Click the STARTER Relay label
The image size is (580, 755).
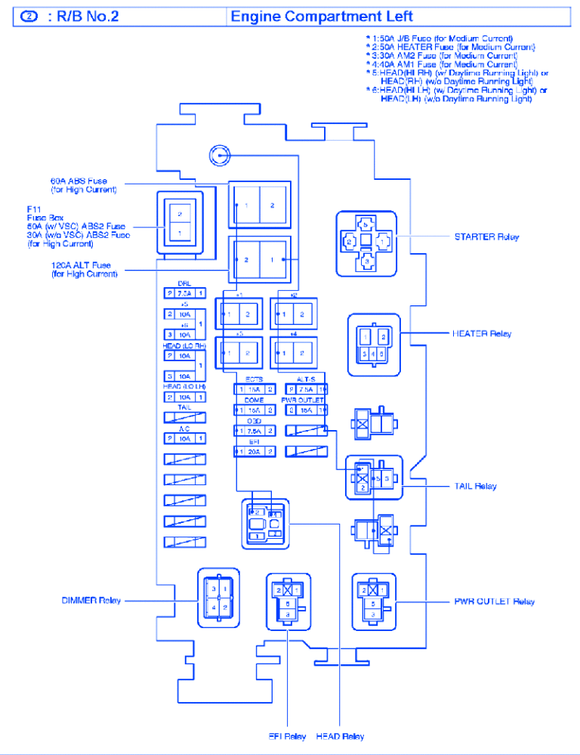486,237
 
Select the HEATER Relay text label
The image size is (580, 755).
481,333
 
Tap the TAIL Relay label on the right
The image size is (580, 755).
475,486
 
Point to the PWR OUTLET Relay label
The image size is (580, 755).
495,602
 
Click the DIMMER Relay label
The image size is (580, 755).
91,600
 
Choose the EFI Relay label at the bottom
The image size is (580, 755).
288,736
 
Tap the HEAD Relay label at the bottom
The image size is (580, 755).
341,736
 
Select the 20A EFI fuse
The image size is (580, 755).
255,451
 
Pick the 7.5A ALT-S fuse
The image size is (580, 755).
306,389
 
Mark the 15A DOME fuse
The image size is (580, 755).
255,410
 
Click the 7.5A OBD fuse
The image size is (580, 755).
255,431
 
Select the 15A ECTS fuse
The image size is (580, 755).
255,389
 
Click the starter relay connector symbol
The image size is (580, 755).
366,242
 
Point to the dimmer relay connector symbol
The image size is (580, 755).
219,597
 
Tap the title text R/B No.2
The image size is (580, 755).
83,17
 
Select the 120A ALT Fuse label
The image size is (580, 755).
81,269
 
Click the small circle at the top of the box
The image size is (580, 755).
217,156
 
